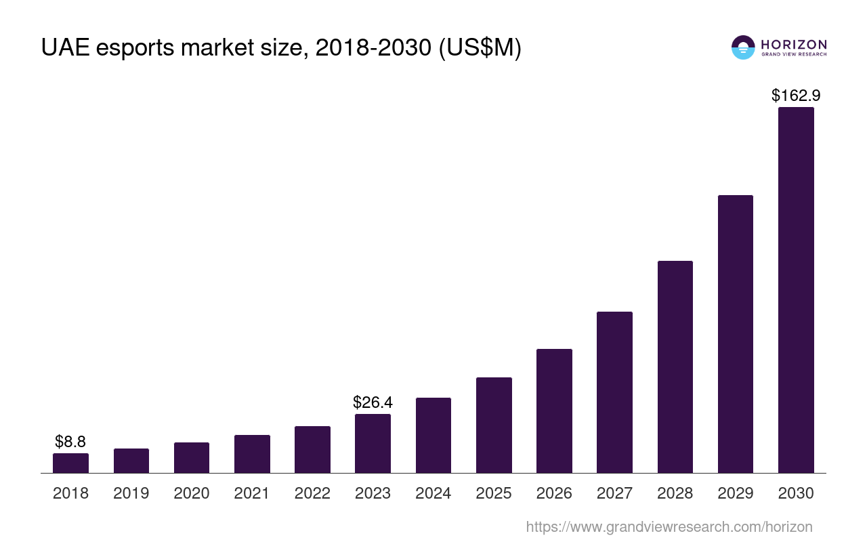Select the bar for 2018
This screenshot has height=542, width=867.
[x=70, y=463]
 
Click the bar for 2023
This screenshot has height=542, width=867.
[x=373, y=444]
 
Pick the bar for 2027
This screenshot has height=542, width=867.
[x=614, y=392]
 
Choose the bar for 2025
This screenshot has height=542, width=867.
[x=494, y=425]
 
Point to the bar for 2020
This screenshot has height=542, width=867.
[x=192, y=458]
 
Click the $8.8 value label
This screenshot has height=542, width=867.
[x=70, y=442]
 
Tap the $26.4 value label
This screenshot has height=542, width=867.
[x=373, y=402]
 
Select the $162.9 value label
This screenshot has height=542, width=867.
[x=796, y=96]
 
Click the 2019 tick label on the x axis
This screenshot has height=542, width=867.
[x=131, y=493]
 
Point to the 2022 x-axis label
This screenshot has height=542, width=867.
[x=312, y=493]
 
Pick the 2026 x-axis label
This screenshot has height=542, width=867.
[x=554, y=493]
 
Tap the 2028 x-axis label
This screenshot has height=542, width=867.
[x=675, y=493]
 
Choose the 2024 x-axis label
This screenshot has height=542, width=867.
[x=433, y=493]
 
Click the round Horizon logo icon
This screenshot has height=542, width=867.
[x=743, y=47]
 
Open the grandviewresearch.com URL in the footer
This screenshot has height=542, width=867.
[x=669, y=526]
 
